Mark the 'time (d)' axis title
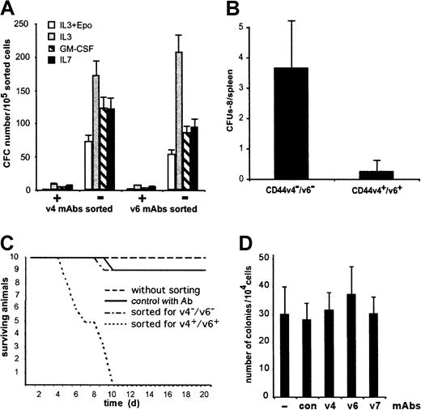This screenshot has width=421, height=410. coord(122,390)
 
